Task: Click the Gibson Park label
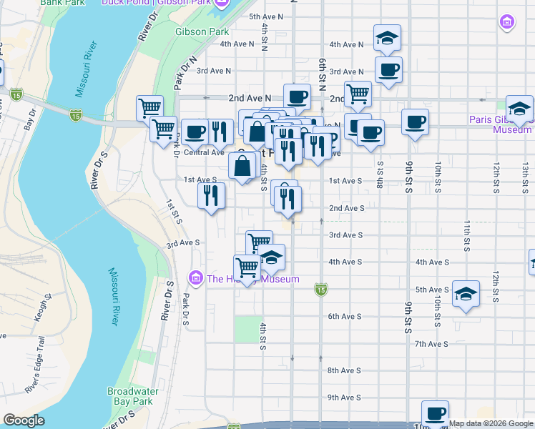click(202, 31)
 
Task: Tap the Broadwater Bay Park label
click(130, 396)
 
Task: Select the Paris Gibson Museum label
click(500, 124)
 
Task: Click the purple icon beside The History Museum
click(196, 278)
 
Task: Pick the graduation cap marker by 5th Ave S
click(466, 294)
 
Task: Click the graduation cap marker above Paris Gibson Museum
click(520, 108)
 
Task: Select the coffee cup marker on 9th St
click(415, 122)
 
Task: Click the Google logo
click(24, 420)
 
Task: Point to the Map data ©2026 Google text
click(491, 423)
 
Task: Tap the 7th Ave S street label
click(431, 344)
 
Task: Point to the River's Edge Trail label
click(38, 378)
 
